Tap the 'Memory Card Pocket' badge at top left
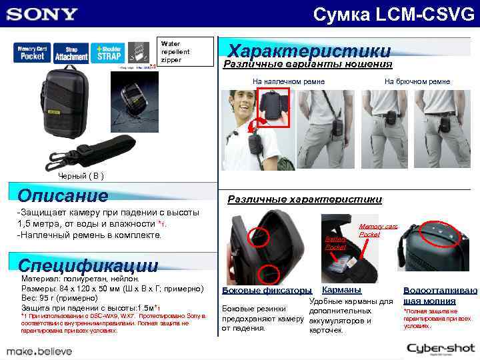coord(31,53)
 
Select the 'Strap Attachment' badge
coord(71,53)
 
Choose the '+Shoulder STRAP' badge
coord(109,53)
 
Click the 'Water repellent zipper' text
coord(175,51)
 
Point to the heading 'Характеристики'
coord(309,51)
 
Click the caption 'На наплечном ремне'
coord(289,81)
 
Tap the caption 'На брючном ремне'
coord(417,81)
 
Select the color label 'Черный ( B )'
coord(80,176)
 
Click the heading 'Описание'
coord(63,195)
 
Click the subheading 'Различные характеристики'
coord(305,199)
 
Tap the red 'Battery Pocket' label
coord(334,242)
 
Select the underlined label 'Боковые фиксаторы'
coord(266,291)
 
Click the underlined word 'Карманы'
coord(341,290)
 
